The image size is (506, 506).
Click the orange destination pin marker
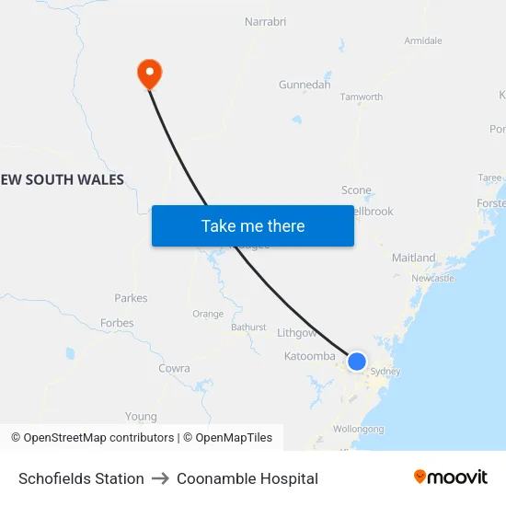[149, 74]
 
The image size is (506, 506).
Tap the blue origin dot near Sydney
[357, 362]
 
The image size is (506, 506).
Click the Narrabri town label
[267, 21]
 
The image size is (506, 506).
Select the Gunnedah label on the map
[305, 85]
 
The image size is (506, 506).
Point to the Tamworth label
[362, 97]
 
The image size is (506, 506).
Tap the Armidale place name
[423, 40]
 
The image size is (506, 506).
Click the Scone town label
[356, 190]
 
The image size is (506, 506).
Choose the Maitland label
[413, 259]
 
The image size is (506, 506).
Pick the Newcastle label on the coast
[432, 278]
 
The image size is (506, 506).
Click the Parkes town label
[131, 298]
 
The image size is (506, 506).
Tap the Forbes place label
[117, 323]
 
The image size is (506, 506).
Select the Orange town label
[208, 314]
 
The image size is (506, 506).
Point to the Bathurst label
[248, 327]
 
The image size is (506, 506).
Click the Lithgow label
[297, 332]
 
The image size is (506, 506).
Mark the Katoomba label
[310, 356]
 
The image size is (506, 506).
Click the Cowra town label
[174, 368]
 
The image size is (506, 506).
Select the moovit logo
[450, 477]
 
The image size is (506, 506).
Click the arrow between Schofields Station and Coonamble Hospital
[160, 478]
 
